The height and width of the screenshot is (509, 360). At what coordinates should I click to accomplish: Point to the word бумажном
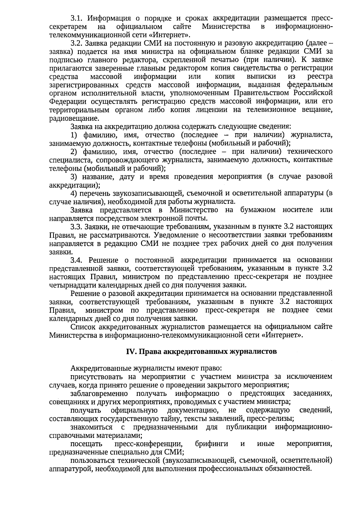pos(258,210)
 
